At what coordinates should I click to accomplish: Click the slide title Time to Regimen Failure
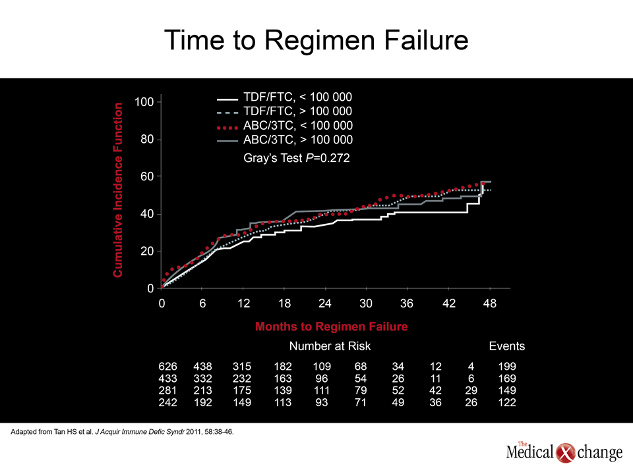316,40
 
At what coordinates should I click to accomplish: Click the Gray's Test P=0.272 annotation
296,158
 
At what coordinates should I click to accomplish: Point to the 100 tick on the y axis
144,101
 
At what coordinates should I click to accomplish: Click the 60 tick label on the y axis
147,176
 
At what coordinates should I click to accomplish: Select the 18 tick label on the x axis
284,303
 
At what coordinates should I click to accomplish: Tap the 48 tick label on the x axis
490,303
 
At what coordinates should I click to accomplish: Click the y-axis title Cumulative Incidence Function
117,190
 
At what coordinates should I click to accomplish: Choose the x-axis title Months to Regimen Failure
332,327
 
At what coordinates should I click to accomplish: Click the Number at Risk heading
330,346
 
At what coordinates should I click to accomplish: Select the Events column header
506,346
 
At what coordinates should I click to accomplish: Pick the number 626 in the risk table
167,367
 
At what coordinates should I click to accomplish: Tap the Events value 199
507,367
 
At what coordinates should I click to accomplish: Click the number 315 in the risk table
242,367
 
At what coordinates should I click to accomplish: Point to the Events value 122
507,402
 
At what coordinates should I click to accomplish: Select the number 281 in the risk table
167,390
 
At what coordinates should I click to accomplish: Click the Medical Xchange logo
564,452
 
